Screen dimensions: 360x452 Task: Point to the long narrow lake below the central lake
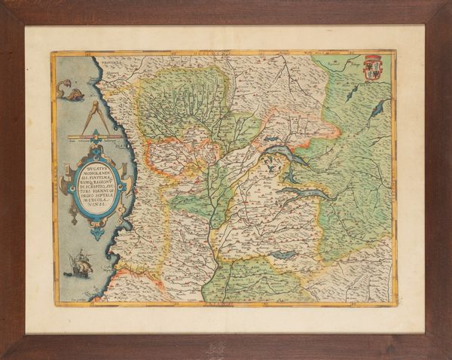click(305, 193)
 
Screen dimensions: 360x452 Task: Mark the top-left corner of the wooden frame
click(3, 3)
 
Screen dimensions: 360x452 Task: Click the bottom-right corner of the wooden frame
click(449, 357)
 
